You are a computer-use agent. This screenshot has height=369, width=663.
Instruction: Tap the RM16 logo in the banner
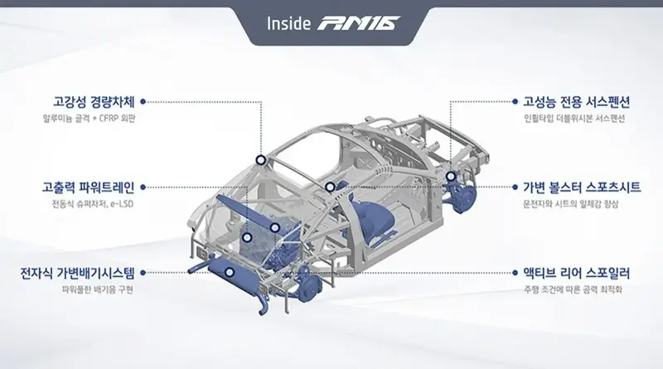[x=359, y=23]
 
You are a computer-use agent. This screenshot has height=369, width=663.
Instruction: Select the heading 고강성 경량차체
[x=94, y=102]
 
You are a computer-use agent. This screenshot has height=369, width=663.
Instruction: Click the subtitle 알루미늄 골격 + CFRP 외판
[x=89, y=119]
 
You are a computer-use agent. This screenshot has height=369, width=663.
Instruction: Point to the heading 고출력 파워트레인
[x=89, y=187]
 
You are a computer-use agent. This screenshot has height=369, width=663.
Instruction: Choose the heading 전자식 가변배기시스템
[x=77, y=273]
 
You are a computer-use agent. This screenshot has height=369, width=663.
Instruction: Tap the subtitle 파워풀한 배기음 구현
[x=98, y=290]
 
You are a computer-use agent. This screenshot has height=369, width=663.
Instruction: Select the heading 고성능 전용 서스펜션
[x=577, y=102]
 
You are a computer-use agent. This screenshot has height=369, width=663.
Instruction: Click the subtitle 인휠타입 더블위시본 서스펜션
[x=574, y=119]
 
